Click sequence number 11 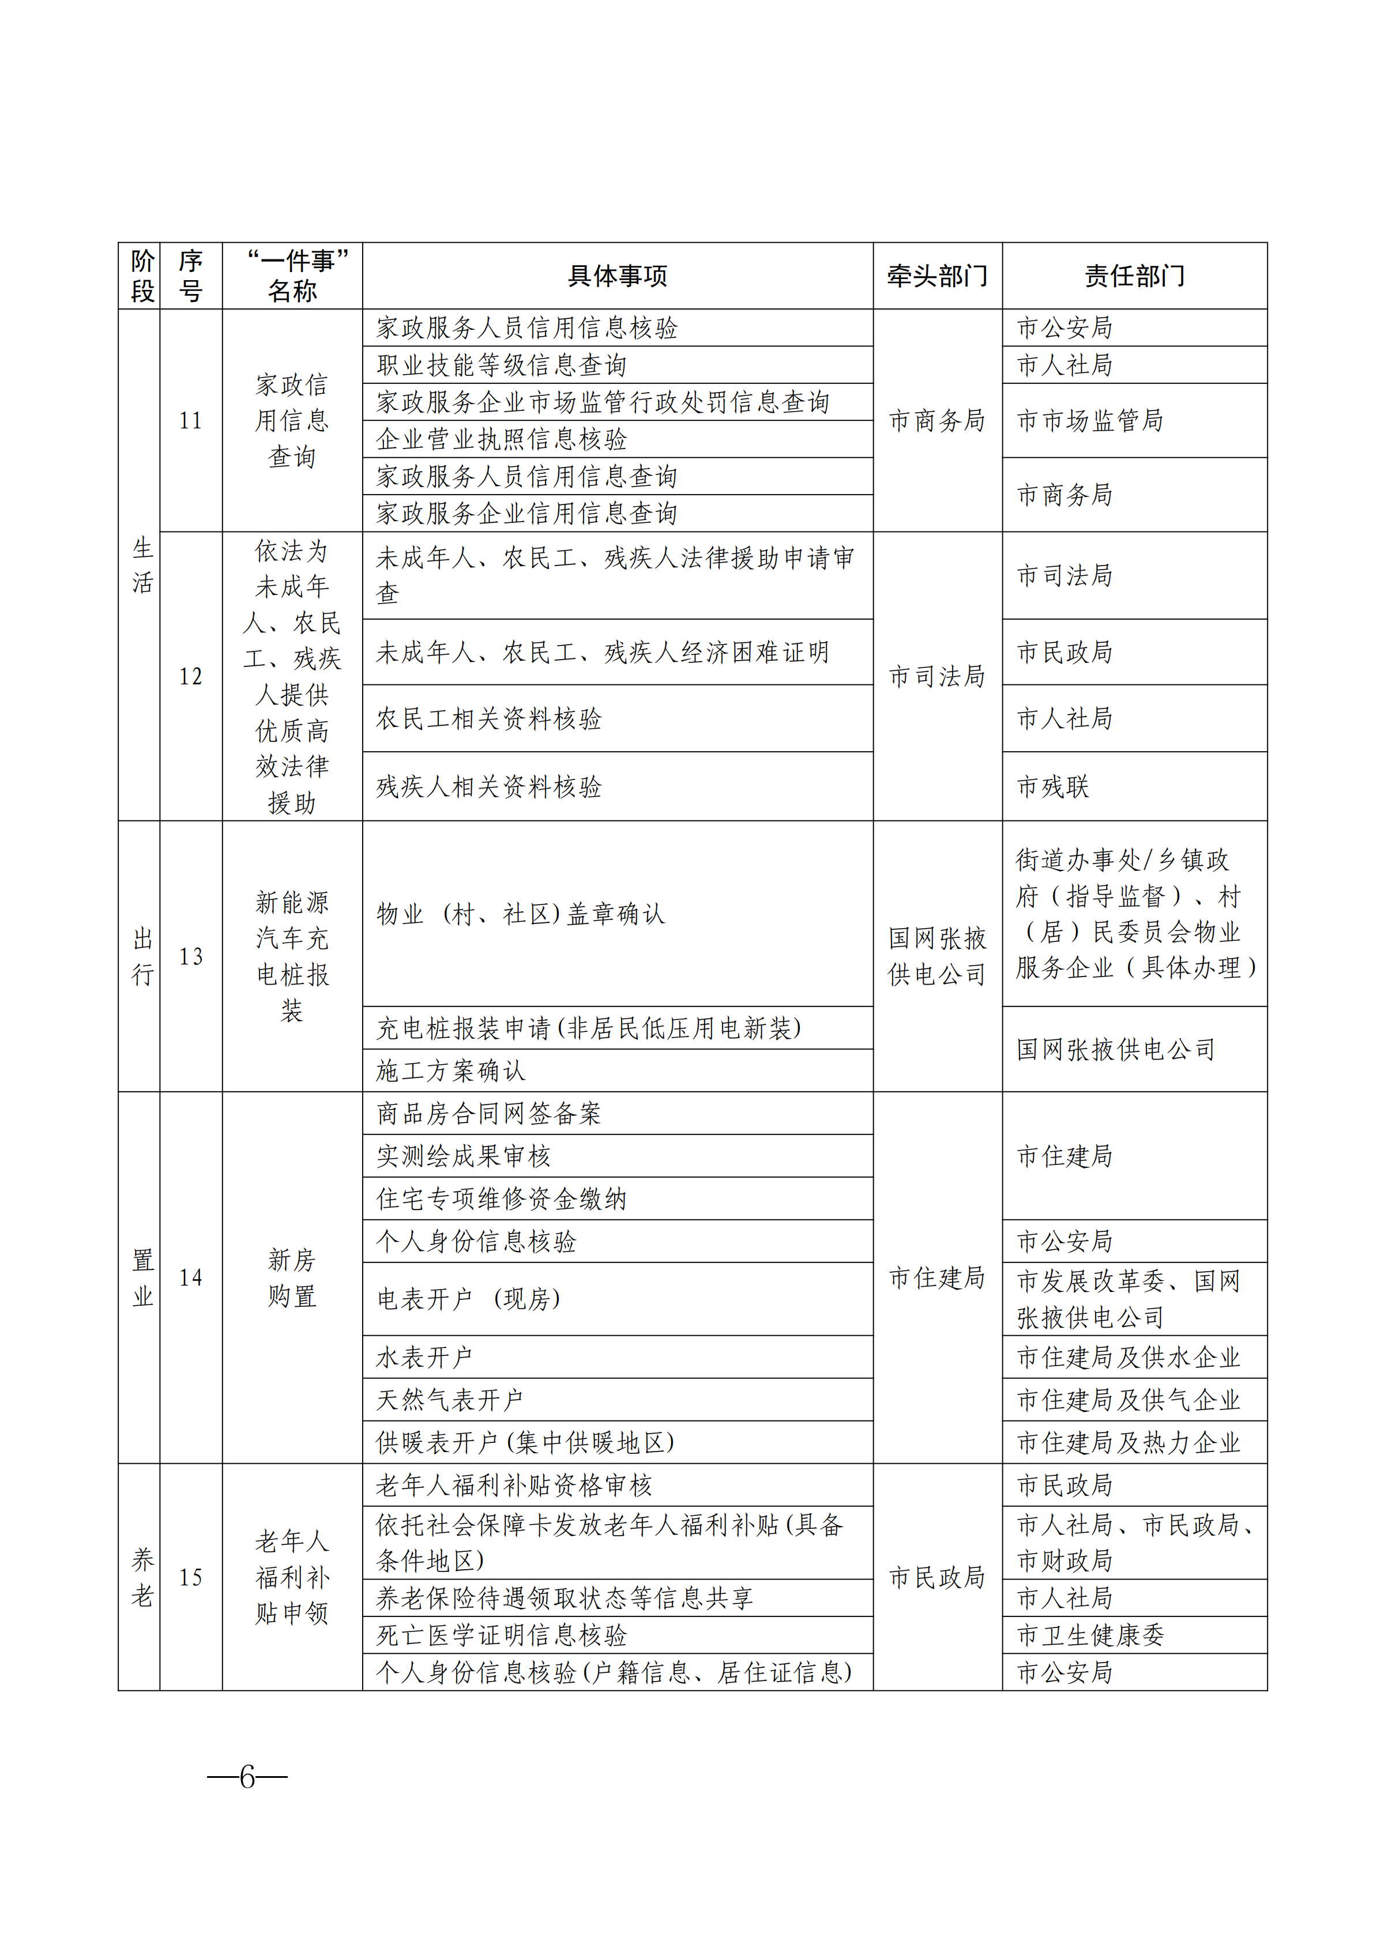coord(190,420)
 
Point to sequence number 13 coord(190,956)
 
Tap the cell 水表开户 coord(424,1357)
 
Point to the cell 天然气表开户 coord(450,1400)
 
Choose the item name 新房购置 coord(292,1277)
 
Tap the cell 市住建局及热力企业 coord(1128,1442)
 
